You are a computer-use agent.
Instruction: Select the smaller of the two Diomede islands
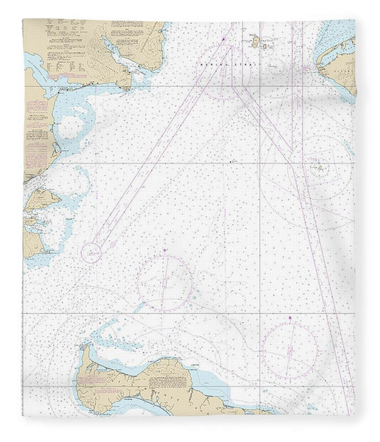265,46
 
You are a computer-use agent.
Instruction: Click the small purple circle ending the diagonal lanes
91,252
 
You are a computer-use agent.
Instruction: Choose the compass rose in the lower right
289,350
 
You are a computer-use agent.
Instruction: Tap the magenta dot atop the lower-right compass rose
290,317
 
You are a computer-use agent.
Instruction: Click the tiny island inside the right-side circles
319,169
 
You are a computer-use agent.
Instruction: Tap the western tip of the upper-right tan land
319,68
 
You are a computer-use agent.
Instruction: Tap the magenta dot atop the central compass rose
165,250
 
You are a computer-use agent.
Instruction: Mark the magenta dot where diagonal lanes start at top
223,37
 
